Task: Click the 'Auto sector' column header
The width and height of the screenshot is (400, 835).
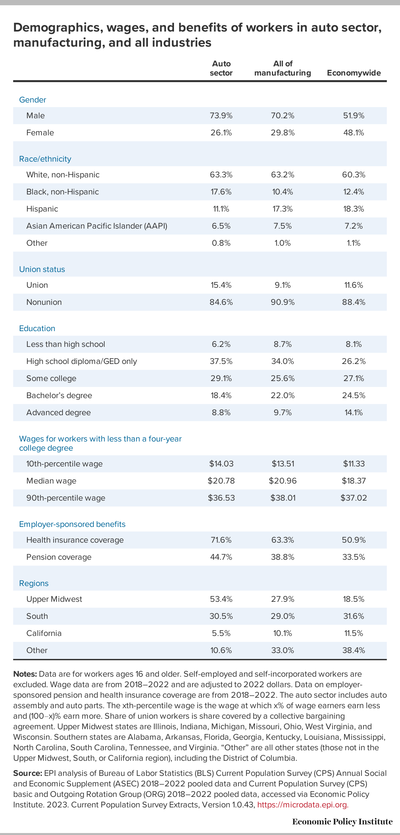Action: pos(221,68)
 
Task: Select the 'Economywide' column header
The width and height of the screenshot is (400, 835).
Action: pos(354,73)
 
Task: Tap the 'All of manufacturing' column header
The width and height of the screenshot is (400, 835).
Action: pos(283,68)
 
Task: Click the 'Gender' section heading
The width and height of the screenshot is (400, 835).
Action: pos(33,100)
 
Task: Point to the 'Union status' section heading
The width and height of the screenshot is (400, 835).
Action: pos(42,269)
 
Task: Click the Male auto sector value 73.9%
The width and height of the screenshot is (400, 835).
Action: pos(221,116)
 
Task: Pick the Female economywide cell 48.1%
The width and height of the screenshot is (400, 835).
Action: pos(354,133)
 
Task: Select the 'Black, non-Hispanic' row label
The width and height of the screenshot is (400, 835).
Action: pos(63,192)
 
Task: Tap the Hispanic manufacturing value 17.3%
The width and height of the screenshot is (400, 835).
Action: pos(283,209)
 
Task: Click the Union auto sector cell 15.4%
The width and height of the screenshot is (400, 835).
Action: pos(221,285)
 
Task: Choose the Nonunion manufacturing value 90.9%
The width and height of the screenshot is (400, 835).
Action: pos(283,302)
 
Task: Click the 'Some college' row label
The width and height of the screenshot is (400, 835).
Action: pos(51,378)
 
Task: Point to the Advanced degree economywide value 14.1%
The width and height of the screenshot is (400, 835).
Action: pos(354,413)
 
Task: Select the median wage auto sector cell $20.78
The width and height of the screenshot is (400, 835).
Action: pos(221,481)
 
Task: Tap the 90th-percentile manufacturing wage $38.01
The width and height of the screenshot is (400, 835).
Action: pos(283,498)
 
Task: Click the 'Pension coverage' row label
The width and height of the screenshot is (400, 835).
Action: pos(59,557)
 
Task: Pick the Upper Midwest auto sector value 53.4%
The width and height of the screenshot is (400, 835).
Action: pos(221,599)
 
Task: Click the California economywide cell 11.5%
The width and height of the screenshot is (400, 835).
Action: pos(354,633)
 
